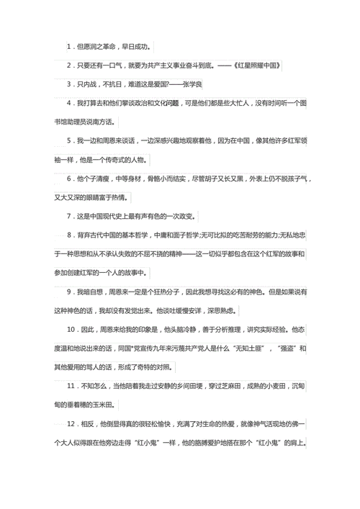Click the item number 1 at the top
click(x=68, y=47)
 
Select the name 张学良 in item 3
click(x=193, y=84)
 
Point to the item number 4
click(x=68, y=103)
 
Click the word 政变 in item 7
click(x=186, y=216)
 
